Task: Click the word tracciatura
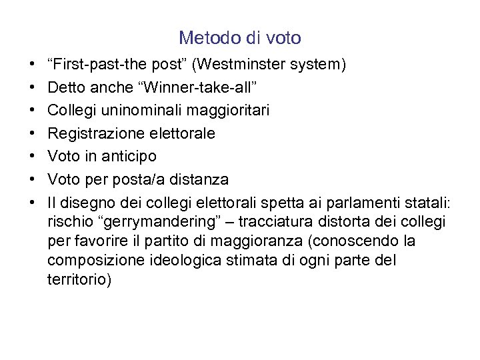click(279, 221)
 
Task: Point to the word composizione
click(91, 260)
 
